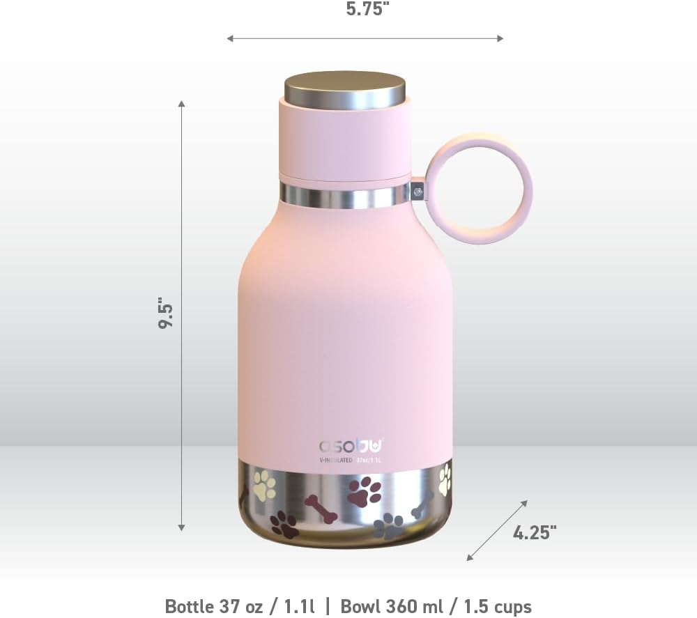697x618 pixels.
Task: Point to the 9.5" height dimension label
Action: point(166,314)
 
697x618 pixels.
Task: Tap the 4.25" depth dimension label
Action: point(535,533)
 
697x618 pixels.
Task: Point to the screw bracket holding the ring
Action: point(418,190)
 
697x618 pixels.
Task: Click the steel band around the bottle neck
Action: point(344,194)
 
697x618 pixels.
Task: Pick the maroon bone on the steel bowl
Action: point(321,509)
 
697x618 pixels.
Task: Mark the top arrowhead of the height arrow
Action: point(182,104)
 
